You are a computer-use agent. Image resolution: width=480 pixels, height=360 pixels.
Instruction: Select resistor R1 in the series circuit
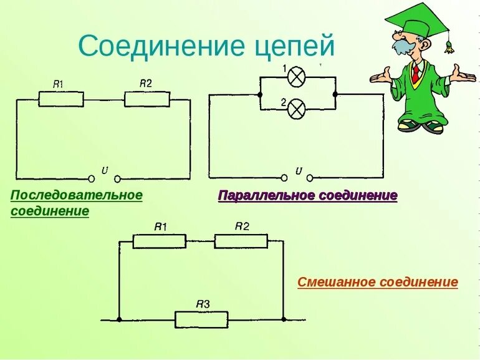point(60,99)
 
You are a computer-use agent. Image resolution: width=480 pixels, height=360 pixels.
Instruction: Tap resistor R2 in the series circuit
point(146,99)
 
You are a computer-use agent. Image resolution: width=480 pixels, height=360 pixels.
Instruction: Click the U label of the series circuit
point(105,169)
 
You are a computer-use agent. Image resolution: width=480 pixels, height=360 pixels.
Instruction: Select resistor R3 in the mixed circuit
point(201,319)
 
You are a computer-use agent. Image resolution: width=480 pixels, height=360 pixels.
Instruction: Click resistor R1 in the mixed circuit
point(160,241)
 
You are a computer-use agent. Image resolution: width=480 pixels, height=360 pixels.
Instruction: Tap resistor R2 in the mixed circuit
point(241,241)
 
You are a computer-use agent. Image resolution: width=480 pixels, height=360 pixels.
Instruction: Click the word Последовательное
point(77,195)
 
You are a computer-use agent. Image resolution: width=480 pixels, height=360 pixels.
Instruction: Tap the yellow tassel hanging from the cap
point(448,46)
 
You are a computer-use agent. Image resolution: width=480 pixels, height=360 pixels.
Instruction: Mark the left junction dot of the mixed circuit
point(118,319)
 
